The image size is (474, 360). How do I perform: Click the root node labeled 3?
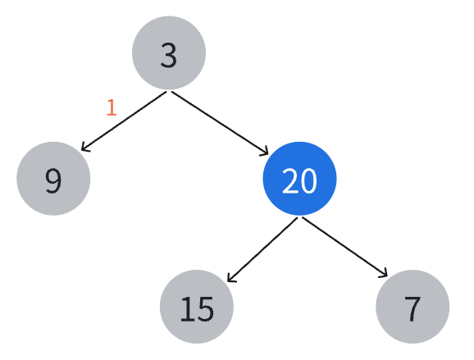(x=169, y=53)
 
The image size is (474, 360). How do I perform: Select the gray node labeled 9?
(x=53, y=179)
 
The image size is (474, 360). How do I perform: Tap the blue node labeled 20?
(x=299, y=179)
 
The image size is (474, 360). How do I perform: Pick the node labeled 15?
(x=197, y=307)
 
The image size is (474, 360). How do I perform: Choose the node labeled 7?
(x=412, y=307)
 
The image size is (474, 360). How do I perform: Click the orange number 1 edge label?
(x=112, y=107)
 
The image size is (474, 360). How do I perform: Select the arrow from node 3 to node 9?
(x=124, y=121)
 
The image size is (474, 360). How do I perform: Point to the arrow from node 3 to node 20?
(x=220, y=123)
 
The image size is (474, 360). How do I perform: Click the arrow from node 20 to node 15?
(x=262, y=249)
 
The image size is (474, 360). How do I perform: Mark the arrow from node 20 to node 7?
(x=345, y=247)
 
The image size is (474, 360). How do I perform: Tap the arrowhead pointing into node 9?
(x=84, y=148)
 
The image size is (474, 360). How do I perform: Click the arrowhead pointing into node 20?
(x=265, y=152)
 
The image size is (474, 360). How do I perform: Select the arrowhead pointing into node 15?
(x=231, y=278)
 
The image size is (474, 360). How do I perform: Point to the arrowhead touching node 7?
(x=385, y=273)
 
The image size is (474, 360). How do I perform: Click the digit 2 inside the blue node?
(x=290, y=180)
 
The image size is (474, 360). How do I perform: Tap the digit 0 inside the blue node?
(x=308, y=180)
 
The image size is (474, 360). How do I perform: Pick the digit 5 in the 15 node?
(x=206, y=308)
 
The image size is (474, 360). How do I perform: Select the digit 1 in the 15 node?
(x=187, y=308)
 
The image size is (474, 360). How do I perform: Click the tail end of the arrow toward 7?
(x=303, y=217)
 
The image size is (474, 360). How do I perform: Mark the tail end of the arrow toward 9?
(x=166, y=92)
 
